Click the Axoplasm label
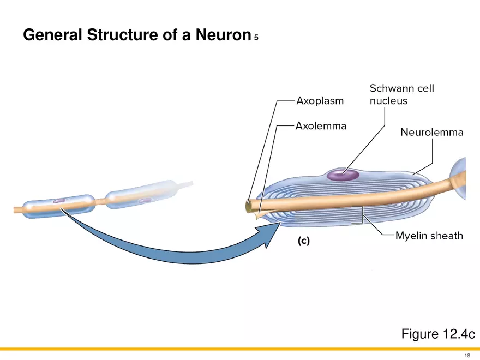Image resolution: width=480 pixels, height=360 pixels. (x=320, y=101)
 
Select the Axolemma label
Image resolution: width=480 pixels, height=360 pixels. (x=321, y=127)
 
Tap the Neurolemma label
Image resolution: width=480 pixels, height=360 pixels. (x=431, y=132)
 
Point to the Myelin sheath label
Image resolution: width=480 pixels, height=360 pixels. (x=429, y=236)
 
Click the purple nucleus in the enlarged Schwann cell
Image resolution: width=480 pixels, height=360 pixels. (x=343, y=175)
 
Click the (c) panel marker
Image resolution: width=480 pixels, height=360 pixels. (x=303, y=241)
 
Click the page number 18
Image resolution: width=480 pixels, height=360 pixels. (x=467, y=355)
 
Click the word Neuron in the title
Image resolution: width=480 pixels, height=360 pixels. (x=219, y=35)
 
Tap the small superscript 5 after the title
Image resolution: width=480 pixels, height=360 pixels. (x=256, y=38)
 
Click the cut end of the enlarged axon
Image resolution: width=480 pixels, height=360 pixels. (x=249, y=207)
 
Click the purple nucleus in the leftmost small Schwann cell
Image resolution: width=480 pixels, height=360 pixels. (x=59, y=201)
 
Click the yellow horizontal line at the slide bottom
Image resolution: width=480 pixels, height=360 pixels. (x=240, y=349)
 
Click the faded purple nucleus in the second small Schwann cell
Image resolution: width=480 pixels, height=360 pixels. (x=145, y=200)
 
